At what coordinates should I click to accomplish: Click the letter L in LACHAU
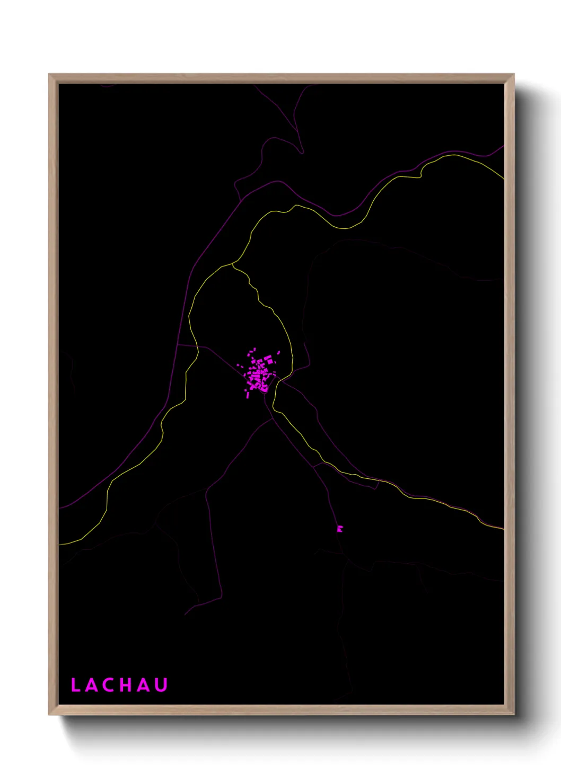(x=75, y=685)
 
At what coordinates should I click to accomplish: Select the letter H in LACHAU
(x=127, y=685)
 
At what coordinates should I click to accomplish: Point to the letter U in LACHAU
(x=161, y=685)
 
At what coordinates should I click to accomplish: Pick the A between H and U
(x=144, y=685)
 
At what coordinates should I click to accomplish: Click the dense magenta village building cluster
(x=259, y=372)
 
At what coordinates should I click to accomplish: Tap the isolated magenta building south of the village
(x=340, y=528)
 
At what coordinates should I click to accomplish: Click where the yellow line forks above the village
(x=233, y=264)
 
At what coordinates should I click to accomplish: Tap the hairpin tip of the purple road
(x=301, y=153)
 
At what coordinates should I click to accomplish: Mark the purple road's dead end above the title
(x=186, y=614)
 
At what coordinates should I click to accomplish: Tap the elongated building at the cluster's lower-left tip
(x=248, y=395)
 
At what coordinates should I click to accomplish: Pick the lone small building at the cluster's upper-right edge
(x=278, y=352)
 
